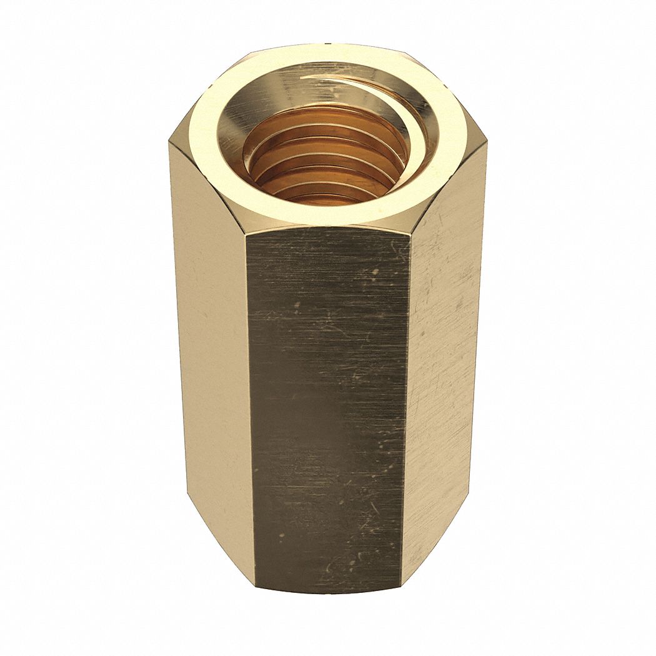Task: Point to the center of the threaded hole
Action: click(x=325, y=156)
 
